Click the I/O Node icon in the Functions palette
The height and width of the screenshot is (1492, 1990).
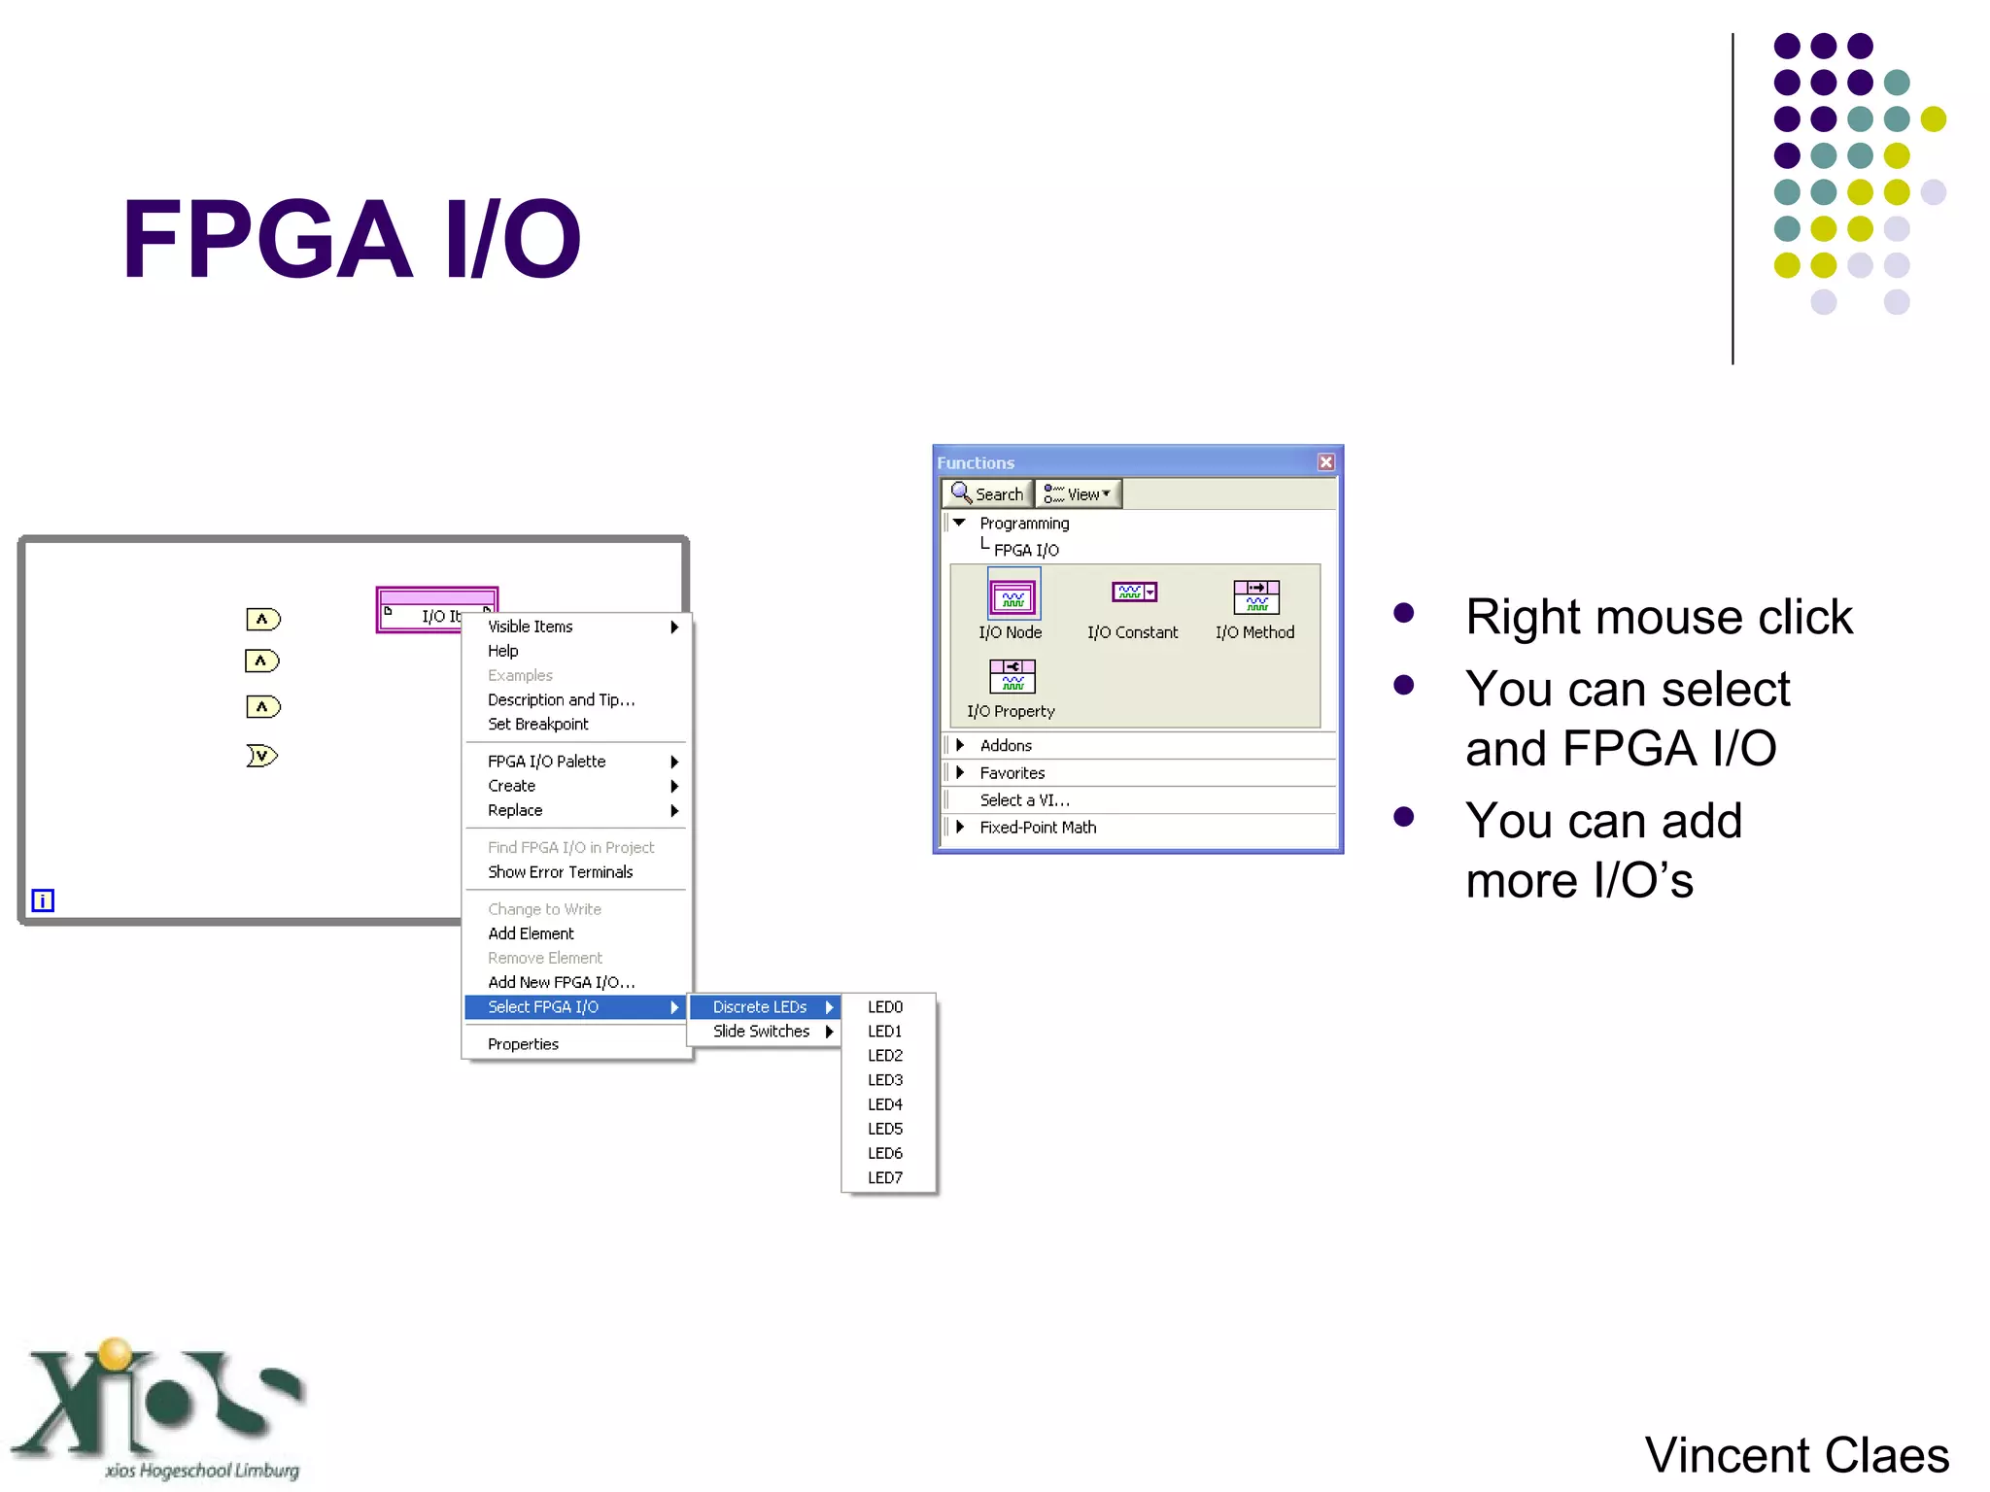point(1012,597)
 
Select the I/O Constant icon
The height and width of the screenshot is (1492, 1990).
point(1134,593)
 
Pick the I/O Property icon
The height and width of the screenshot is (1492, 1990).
point(1012,676)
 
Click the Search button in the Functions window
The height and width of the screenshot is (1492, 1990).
point(987,494)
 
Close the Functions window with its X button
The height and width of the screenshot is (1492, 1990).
point(1325,462)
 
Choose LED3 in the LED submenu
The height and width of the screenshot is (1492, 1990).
point(885,1080)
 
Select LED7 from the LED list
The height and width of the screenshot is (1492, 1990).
point(885,1177)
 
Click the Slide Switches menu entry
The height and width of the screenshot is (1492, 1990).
point(762,1032)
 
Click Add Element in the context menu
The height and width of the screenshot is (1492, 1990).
point(531,933)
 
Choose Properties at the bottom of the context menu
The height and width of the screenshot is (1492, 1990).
point(523,1044)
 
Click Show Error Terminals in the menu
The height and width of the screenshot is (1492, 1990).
point(560,872)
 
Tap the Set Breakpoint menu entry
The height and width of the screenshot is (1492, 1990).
point(537,724)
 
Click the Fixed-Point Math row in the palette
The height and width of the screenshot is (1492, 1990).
point(1038,828)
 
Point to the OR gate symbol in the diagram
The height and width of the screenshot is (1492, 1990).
point(261,756)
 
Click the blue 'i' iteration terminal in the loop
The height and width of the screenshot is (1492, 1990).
point(43,900)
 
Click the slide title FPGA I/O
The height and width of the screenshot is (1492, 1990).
point(351,239)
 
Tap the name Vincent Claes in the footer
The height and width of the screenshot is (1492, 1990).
point(1796,1455)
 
